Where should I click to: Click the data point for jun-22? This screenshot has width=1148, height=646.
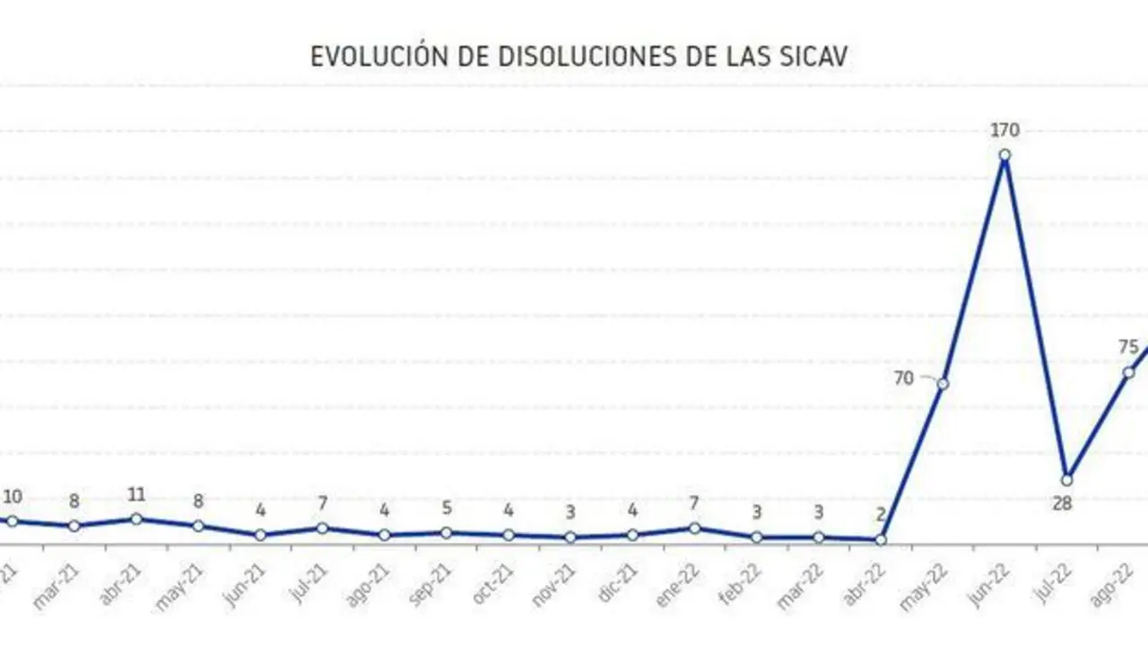1004,154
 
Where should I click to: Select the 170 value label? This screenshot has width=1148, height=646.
1004,131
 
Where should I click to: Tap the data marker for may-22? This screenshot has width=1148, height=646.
943,384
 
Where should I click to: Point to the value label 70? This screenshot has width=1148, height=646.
904,379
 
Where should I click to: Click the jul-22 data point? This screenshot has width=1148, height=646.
1066,480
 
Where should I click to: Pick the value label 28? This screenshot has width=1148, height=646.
1063,504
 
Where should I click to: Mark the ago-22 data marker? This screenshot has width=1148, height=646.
1128,372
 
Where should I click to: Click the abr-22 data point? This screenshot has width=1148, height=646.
881,540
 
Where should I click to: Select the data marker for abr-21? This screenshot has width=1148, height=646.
136,519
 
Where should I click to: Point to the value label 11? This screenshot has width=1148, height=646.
136,495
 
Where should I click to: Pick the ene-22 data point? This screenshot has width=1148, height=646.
694,528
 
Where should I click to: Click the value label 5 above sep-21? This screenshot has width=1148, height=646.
447,509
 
